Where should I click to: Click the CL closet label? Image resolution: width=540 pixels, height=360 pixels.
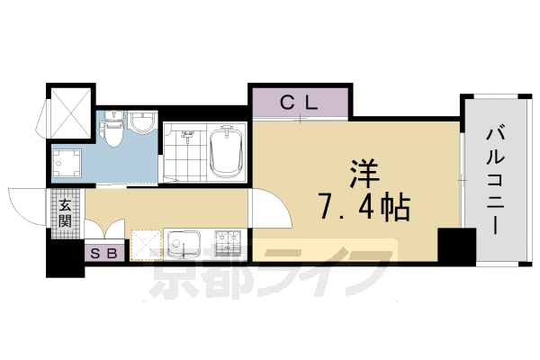pos(299,102)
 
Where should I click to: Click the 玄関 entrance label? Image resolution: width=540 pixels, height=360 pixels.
pos(65,212)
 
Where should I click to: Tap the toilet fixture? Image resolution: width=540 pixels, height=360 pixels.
pos(113,133)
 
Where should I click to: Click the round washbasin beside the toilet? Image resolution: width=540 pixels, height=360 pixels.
pos(141,123)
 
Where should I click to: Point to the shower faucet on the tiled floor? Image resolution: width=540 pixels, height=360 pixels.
pos(186,138)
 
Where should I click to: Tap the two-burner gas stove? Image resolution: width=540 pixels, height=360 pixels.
pos(228,244)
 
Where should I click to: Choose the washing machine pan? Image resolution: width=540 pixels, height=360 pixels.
pos(67,162)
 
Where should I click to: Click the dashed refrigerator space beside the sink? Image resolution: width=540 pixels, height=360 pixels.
pos(146,244)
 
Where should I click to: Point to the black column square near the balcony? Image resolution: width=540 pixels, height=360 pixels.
pos(455,245)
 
